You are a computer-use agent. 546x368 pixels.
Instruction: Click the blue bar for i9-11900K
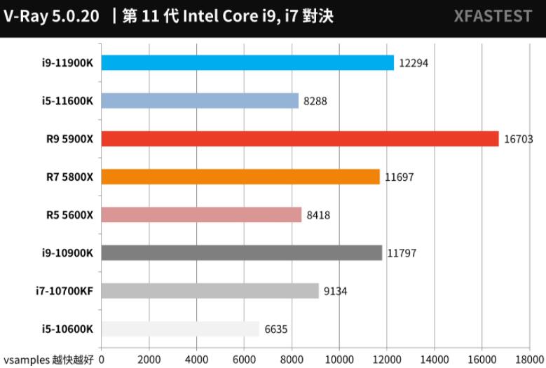247,63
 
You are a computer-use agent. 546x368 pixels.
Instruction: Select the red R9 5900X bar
300,139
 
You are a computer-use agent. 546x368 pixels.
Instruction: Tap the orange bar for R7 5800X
240,177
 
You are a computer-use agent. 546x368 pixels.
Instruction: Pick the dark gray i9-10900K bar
242,252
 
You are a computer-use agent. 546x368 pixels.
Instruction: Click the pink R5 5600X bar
201,214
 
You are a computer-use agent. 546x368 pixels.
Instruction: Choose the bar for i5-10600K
180,329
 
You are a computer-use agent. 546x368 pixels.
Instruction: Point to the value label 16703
519,139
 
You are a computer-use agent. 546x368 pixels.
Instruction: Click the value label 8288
315,102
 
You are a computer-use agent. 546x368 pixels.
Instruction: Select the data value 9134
336,291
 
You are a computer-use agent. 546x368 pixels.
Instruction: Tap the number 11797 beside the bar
402,253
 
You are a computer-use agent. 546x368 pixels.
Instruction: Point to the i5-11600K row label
67,101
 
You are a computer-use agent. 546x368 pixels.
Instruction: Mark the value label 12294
414,64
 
